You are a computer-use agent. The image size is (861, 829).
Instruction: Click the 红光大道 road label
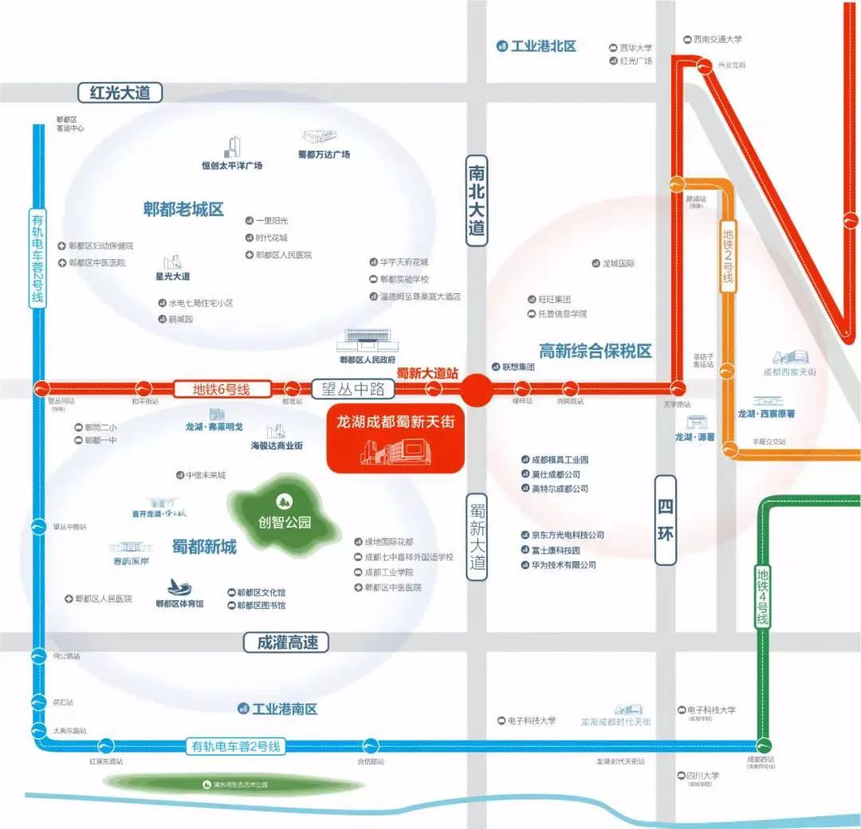(120, 92)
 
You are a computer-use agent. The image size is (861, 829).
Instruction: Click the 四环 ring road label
(666, 521)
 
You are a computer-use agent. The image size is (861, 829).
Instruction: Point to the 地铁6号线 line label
(221, 390)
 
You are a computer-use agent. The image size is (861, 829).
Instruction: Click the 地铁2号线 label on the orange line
(727, 255)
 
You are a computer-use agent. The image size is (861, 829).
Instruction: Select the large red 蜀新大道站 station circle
(477, 390)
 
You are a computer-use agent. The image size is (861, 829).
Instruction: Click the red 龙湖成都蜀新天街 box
(395, 438)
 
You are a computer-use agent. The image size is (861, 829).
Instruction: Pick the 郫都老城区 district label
(183, 210)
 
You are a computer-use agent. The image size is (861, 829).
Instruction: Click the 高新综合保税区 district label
(595, 351)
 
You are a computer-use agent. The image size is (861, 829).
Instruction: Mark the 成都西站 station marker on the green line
(765, 745)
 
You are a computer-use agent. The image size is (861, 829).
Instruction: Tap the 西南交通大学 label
(717, 39)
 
